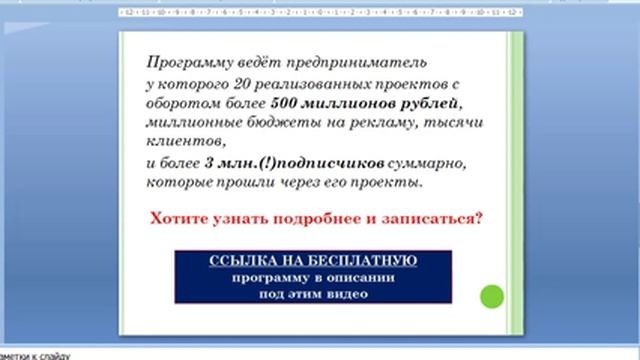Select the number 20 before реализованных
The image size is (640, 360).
tap(233, 84)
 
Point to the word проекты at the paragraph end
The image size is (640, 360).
tap(364, 182)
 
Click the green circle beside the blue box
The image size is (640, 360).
tap(491, 296)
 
